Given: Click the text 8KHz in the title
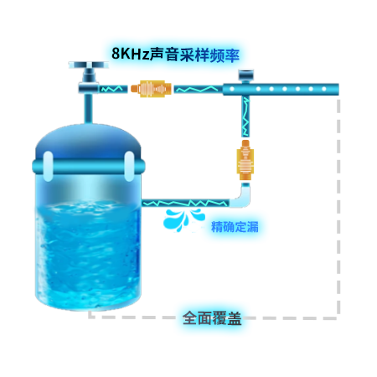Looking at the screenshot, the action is pos(131,54).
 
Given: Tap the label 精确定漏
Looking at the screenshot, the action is pos(235,226).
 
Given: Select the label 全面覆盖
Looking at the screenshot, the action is pos(212,318).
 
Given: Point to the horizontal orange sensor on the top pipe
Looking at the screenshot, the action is pos(151,89).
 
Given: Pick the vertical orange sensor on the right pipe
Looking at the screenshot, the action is pos(245,160).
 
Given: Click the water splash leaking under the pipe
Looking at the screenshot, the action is pos(183,219).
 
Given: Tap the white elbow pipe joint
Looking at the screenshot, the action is pos(240,196).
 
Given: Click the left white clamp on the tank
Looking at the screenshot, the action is pos(48,167).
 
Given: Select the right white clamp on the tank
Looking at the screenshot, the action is pos(129,166).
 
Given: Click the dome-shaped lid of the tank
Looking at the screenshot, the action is pos(88,142).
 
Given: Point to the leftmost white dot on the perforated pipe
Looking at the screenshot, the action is pos(232,89).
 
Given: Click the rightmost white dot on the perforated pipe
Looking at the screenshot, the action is pos(324,89).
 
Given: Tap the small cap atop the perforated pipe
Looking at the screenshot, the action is pos(245,75).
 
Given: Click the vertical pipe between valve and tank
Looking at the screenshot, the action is pos(88,109).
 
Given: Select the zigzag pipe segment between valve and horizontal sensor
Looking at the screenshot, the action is pos(112,89).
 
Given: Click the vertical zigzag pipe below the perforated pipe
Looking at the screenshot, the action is pos(245,116).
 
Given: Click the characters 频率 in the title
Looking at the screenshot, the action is pos(225,55).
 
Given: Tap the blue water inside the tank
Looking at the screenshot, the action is pos(88,254).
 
